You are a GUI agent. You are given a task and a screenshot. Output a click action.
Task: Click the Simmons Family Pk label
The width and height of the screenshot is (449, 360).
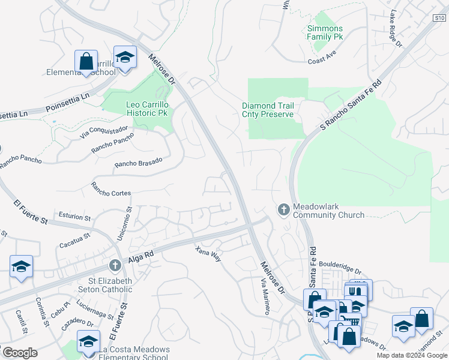click(x=325, y=32)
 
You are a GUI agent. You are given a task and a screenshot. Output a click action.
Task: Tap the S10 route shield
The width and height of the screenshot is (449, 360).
click(x=438, y=19)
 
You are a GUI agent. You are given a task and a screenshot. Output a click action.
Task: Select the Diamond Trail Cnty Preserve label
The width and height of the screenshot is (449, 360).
click(x=268, y=110)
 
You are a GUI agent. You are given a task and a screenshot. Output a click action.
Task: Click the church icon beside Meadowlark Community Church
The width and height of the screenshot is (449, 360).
click(x=283, y=209)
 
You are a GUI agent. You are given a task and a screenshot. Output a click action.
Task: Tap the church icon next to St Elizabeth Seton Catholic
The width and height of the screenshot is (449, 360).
click(x=115, y=265)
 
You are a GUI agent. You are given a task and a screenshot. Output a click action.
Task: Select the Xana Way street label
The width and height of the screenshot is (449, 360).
click(x=208, y=253)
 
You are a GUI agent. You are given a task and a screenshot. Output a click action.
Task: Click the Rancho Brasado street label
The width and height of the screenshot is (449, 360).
click(x=139, y=163)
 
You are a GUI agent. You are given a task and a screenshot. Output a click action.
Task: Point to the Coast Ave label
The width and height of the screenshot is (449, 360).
click(x=324, y=61)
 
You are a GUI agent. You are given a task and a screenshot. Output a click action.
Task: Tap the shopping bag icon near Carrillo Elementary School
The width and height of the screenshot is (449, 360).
click(x=86, y=61)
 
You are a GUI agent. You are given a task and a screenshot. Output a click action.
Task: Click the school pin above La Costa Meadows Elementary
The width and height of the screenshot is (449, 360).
click(x=89, y=342)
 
